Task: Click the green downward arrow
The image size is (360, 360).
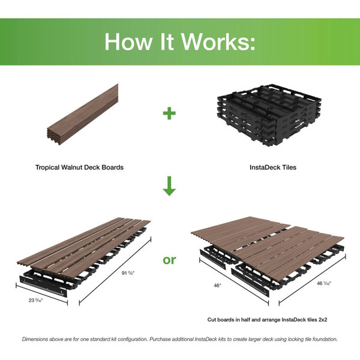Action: [x=170, y=187]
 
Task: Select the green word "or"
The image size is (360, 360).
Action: [x=170, y=260]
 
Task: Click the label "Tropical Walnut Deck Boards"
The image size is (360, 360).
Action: [x=79, y=167]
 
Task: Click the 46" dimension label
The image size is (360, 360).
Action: [x=217, y=287]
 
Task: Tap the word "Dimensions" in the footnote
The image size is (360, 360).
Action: [x=39, y=339]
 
